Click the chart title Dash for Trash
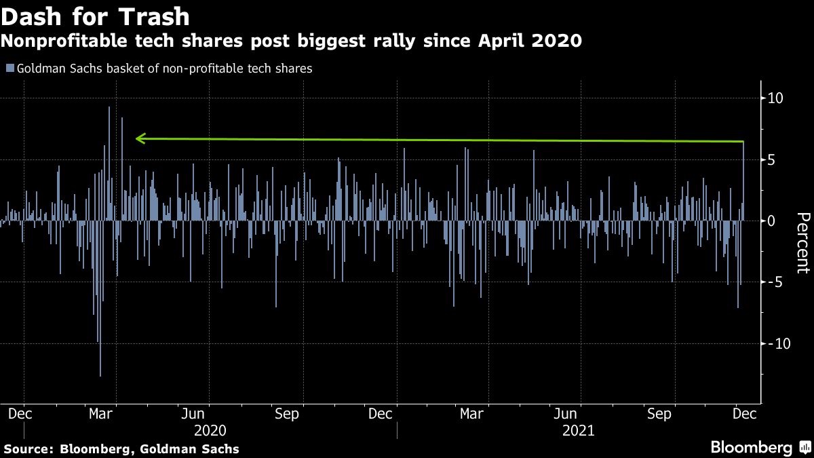coord(95,15)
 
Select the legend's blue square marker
coord(9,68)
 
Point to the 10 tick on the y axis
coord(775,98)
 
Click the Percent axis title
coord(802,242)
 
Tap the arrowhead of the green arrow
coord(139,138)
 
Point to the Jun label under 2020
coord(194,413)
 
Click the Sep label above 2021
coord(658,413)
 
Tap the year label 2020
coord(210,430)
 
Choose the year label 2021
coord(578,430)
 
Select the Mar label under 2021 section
coord(472,413)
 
